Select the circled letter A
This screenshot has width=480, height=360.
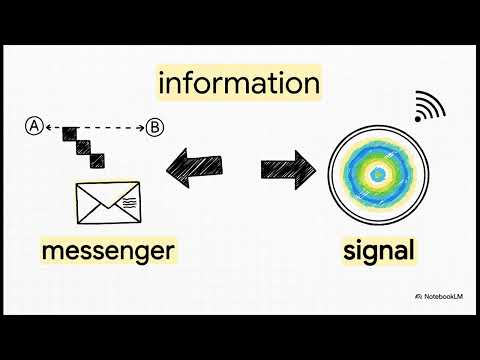(x=34, y=126)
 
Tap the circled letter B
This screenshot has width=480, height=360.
(x=155, y=127)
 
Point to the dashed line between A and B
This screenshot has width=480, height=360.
(x=95, y=127)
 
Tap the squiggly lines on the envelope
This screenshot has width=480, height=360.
(x=130, y=202)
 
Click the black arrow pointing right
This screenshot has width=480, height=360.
(x=288, y=167)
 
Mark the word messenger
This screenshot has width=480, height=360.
(x=109, y=249)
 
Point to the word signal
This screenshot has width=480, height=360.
(x=378, y=249)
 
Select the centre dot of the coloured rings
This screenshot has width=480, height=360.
(x=378, y=175)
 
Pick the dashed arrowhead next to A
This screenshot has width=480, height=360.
(x=48, y=127)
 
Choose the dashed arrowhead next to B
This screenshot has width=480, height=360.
(x=141, y=127)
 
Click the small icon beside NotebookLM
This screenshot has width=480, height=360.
(x=417, y=297)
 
